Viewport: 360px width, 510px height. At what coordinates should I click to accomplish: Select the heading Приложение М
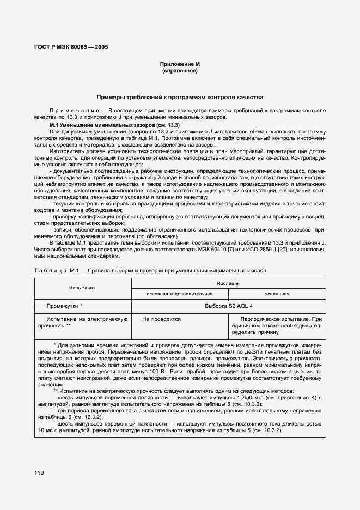pyautogui.click(x=179, y=64)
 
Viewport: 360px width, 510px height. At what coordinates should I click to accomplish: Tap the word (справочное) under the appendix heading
pyautogui.click(x=179, y=71)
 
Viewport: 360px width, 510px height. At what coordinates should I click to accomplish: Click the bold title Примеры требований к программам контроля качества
pyautogui.click(x=180, y=97)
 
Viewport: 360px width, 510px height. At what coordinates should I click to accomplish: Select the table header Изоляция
pyautogui.click(x=229, y=284)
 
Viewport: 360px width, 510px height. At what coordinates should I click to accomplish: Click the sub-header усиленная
pyautogui.click(x=277, y=294)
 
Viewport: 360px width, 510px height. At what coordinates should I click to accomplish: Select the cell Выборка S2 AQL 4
pyautogui.click(x=229, y=306)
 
